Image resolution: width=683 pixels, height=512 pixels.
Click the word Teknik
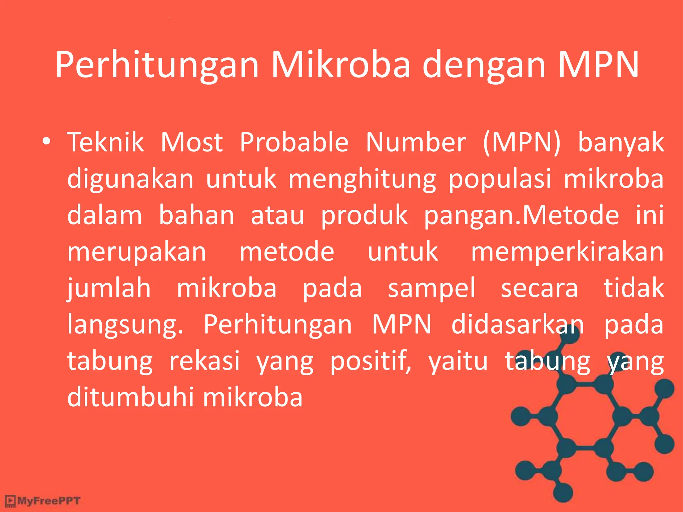click(x=106, y=142)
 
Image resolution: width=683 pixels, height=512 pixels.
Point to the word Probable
click(x=294, y=142)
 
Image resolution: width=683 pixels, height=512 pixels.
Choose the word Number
click(x=416, y=142)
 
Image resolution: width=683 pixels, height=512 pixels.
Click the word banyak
click(x=621, y=143)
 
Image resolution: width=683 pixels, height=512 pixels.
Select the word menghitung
click(x=362, y=179)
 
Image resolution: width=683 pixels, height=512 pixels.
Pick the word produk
click(x=364, y=215)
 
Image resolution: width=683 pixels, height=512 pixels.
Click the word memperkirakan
click(x=567, y=252)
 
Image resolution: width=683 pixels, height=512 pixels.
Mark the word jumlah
click(x=109, y=288)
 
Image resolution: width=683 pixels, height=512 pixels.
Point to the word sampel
click(x=431, y=288)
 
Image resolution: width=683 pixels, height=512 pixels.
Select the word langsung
click(x=125, y=325)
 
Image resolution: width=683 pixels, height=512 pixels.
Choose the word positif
click(x=371, y=361)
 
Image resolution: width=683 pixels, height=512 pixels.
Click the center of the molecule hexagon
click(x=585, y=416)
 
